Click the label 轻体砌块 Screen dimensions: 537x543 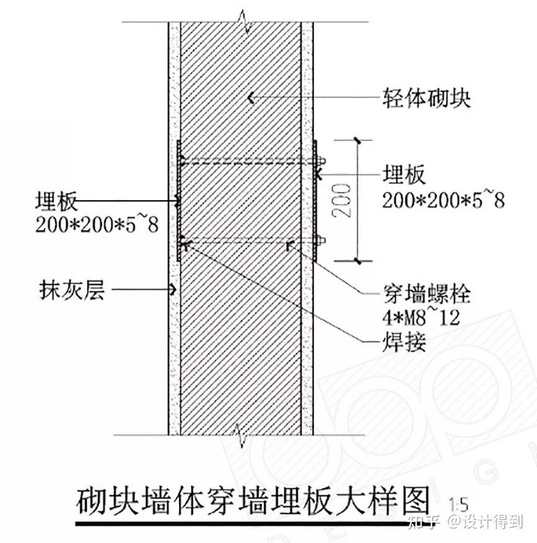pos(427,98)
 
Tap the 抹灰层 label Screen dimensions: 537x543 pos(72,289)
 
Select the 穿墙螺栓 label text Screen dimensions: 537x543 pos(427,294)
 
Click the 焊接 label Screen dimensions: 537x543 pos(404,342)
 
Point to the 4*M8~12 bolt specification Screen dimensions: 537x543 pos(421,317)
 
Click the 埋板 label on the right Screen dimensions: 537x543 pos(404,174)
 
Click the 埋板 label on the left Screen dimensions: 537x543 pos(56,200)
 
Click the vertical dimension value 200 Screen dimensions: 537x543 pos(342,200)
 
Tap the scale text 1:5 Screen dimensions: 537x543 pos(458,505)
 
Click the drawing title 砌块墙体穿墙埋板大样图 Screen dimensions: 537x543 pos(252,501)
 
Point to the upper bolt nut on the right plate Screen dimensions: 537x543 pos(320,161)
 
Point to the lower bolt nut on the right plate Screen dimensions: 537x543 pos(320,240)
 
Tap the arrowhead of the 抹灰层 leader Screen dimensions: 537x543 pos(173,289)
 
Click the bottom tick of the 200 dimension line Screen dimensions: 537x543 pos(358,261)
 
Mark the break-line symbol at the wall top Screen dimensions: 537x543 pos(243,22)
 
